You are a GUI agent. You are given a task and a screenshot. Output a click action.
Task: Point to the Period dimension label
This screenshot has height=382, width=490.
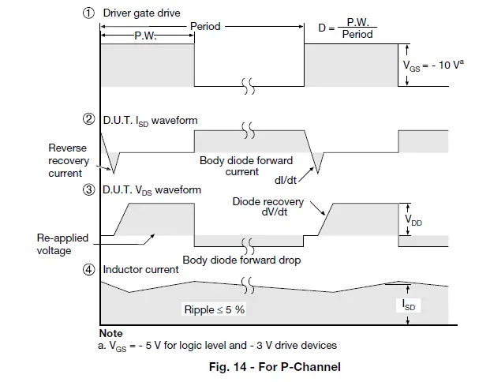(205, 26)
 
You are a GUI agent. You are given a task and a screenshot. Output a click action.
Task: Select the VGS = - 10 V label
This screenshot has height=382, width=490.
(433, 67)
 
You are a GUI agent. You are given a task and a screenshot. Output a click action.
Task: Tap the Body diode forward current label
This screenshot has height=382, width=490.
(246, 165)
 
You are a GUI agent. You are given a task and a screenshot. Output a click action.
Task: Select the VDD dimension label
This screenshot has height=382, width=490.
(413, 223)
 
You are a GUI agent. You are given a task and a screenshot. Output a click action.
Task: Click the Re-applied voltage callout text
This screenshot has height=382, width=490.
(63, 243)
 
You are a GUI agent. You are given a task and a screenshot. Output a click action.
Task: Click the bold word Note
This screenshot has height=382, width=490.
(111, 333)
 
